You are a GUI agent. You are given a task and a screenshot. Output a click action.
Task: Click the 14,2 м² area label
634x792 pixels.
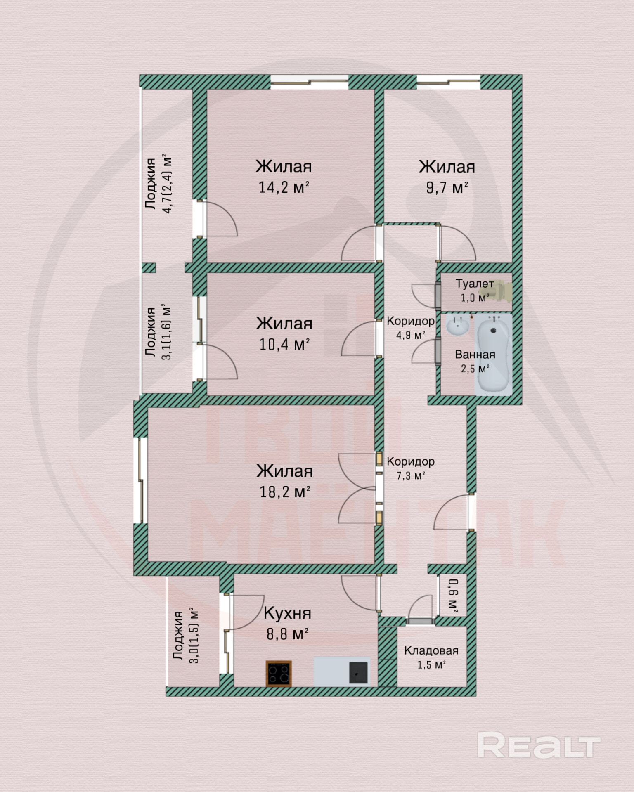(284, 187)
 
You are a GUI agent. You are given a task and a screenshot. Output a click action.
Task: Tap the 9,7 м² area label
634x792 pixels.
(447, 188)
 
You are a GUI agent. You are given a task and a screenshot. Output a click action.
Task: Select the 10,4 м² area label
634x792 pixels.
(284, 344)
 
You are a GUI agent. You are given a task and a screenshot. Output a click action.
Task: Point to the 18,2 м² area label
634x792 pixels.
(285, 492)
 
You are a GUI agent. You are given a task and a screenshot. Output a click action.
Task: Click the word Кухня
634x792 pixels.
(287, 613)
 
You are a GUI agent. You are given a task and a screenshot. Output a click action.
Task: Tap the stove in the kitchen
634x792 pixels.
(279, 674)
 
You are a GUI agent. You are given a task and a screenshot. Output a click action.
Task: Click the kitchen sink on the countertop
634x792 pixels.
(358, 672)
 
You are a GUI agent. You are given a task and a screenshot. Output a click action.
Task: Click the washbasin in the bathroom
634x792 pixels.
(457, 326)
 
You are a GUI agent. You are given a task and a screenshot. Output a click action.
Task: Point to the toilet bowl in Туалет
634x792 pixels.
(501, 291)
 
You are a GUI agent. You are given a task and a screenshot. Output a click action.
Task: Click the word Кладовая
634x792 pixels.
(431, 651)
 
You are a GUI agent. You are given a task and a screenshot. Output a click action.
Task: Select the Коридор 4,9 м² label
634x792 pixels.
(410, 328)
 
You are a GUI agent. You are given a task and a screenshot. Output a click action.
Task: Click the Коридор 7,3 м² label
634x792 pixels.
(410, 468)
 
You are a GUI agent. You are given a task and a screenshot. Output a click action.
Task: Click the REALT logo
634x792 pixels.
(539, 745)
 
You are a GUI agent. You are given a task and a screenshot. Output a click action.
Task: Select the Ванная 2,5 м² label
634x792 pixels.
(475, 362)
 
